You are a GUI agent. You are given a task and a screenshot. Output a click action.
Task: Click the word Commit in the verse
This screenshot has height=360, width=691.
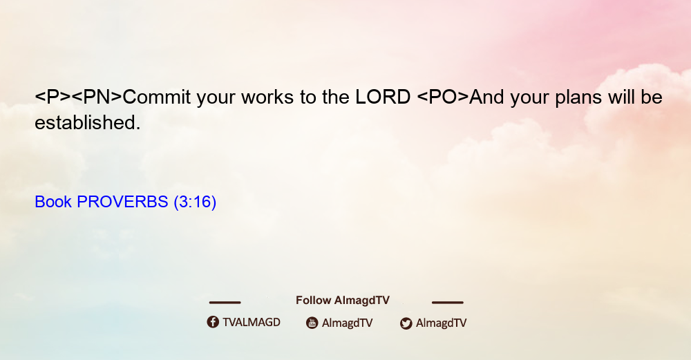pyautogui.click(x=156, y=97)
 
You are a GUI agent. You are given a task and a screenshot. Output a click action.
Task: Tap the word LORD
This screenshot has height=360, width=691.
pyautogui.click(x=383, y=97)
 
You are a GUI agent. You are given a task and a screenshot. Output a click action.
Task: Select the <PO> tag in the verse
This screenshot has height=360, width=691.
pyautogui.click(x=443, y=97)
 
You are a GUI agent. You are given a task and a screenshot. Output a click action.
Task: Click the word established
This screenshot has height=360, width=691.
pyautogui.click(x=87, y=122)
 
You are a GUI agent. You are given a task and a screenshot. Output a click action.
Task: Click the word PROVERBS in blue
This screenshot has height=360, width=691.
pyautogui.click(x=122, y=202)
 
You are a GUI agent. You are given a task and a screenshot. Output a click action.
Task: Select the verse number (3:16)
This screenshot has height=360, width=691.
pyautogui.click(x=195, y=202)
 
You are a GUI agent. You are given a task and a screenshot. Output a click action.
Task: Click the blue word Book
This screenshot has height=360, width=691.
pyautogui.click(x=53, y=202)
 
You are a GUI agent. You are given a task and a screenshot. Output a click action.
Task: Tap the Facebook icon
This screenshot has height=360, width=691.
pyautogui.click(x=213, y=322)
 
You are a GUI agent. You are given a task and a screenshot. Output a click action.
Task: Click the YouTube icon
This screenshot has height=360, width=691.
pyautogui.click(x=312, y=323)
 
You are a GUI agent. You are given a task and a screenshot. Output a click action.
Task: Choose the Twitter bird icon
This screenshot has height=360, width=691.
pyautogui.click(x=406, y=323)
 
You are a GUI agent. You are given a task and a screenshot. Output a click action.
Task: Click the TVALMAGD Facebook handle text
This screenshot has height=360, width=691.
pyautogui.click(x=252, y=323)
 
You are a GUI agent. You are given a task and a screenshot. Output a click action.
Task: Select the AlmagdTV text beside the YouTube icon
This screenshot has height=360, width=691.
pyautogui.click(x=348, y=323)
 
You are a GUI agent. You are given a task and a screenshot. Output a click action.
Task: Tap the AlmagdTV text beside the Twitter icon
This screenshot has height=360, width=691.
pyautogui.click(x=441, y=323)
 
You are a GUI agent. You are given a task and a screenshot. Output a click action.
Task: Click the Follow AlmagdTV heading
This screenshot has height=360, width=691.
pyautogui.click(x=343, y=301)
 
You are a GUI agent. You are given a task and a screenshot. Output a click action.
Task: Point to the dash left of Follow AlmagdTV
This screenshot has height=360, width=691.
pyautogui.click(x=225, y=303)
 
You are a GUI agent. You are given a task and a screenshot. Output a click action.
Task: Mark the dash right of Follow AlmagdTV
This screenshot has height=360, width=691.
pyautogui.click(x=448, y=303)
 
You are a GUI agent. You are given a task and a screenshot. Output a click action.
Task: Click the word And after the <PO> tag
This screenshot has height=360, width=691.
pyautogui.click(x=486, y=97)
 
